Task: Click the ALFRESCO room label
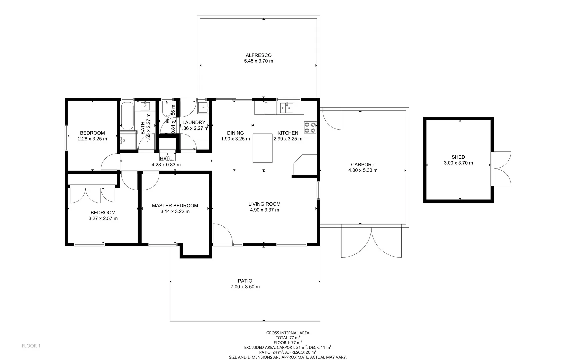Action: click(x=258, y=55)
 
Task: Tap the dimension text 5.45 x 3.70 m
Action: click(x=258, y=61)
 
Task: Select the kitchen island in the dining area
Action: click(x=262, y=148)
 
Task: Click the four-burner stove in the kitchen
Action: click(x=310, y=128)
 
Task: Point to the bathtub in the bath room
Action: click(x=127, y=116)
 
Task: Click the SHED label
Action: click(x=458, y=157)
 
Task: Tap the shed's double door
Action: click(x=501, y=169)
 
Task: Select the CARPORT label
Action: click(x=362, y=165)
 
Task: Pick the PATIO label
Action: click(x=245, y=281)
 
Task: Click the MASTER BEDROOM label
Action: click(x=175, y=206)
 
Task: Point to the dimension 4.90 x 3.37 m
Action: click(x=264, y=210)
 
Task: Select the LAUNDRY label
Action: click(x=194, y=122)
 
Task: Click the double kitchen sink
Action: click(x=287, y=108)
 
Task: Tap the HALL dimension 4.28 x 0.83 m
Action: click(x=166, y=165)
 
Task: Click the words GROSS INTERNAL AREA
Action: click(x=288, y=333)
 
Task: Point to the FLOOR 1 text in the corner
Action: click(x=31, y=346)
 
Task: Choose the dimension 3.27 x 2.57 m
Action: click(x=103, y=219)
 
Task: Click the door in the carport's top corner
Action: click(x=332, y=119)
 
